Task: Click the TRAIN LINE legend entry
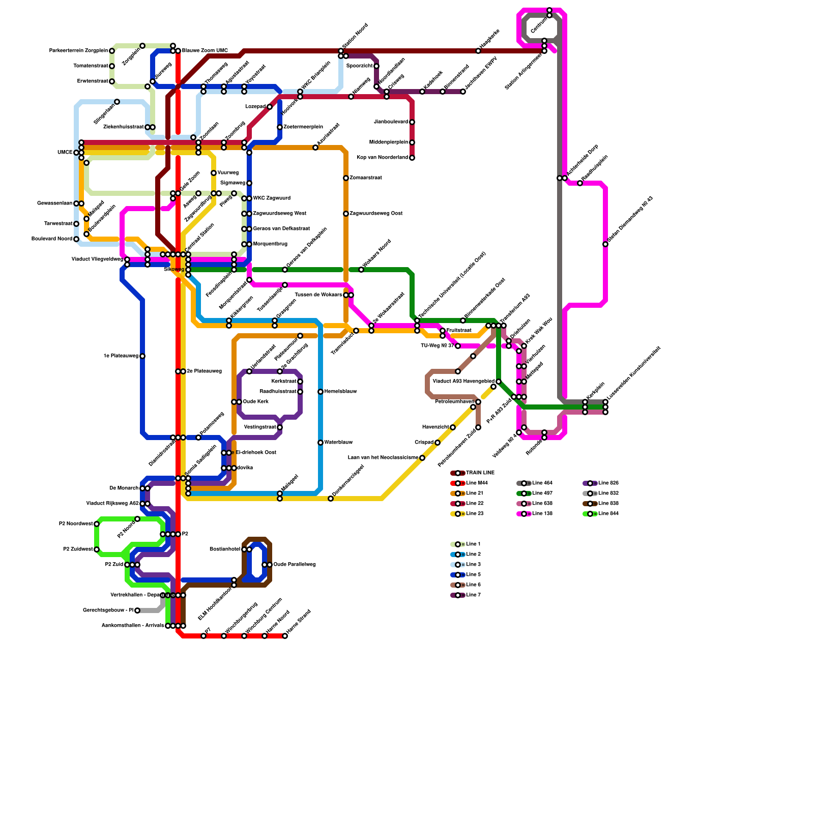pyautogui.click(x=480, y=473)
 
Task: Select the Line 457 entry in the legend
pyautogui.click(x=542, y=493)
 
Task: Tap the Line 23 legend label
pyautogui.click(x=475, y=514)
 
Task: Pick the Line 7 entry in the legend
pyautogui.click(x=473, y=595)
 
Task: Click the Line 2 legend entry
pyautogui.click(x=473, y=555)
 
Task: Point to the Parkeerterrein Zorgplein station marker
pyautogui.click(x=112, y=51)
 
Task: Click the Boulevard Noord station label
pyautogui.click(x=52, y=239)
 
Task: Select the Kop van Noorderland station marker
pyautogui.click(x=412, y=158)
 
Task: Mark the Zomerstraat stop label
pyautogui.click(x=366, y=178)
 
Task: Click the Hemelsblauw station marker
pyautogui.click(x=321, y=392)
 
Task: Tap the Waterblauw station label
pyautogui.click(x=338, y=443)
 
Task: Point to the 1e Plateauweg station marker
pyautogui.click(x=142, y=356)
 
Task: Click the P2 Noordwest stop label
pyautogui.click(x=76, y=524)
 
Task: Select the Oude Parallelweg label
pyautogui.click(x=295, y=565)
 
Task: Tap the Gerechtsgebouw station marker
pyautogui.click(x=137, y=610)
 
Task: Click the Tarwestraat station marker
pyautogui.click(x=76, y=224)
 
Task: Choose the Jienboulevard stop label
pyautogui.click(x=391, y=122)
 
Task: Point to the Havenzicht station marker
pyautogui.click(x=453, y=427)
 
